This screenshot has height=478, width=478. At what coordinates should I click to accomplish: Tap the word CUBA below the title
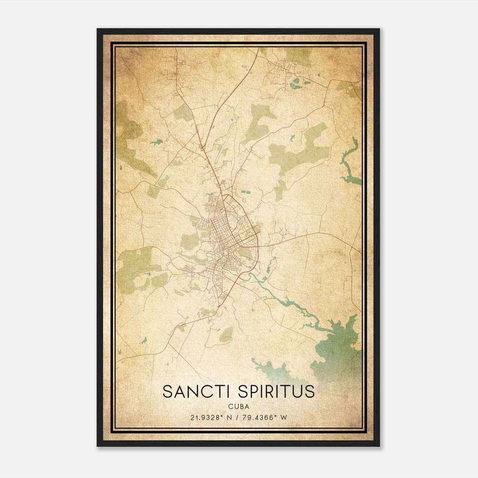click(239, 407)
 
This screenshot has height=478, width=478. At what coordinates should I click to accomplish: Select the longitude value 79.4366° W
click(264, 417)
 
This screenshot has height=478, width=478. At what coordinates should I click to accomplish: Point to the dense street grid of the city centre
click(223, 236)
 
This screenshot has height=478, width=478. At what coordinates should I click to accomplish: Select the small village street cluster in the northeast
click(284, 67)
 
